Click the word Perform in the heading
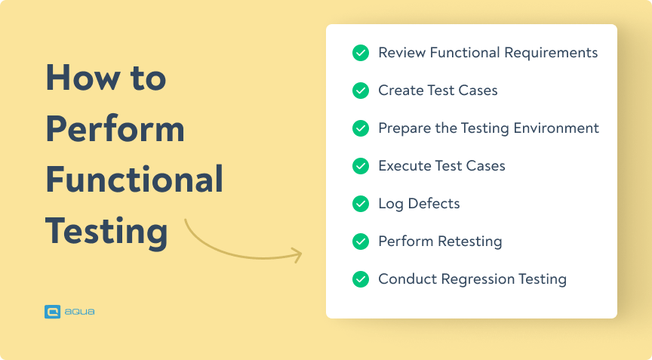tap(115, 129)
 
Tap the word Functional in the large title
tap(134, 180)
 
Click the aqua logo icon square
tap(52, 310)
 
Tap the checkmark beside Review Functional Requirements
tap(361, 53)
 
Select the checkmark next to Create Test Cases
tap(361, 91)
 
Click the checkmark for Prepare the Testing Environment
tap(361, 128)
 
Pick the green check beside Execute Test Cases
tap(361, 166)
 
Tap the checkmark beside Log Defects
tap(361, 204)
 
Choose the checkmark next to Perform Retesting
tap(361, 242)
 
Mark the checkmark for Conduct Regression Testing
tap(361, 279)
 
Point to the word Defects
tap(434, 204)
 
